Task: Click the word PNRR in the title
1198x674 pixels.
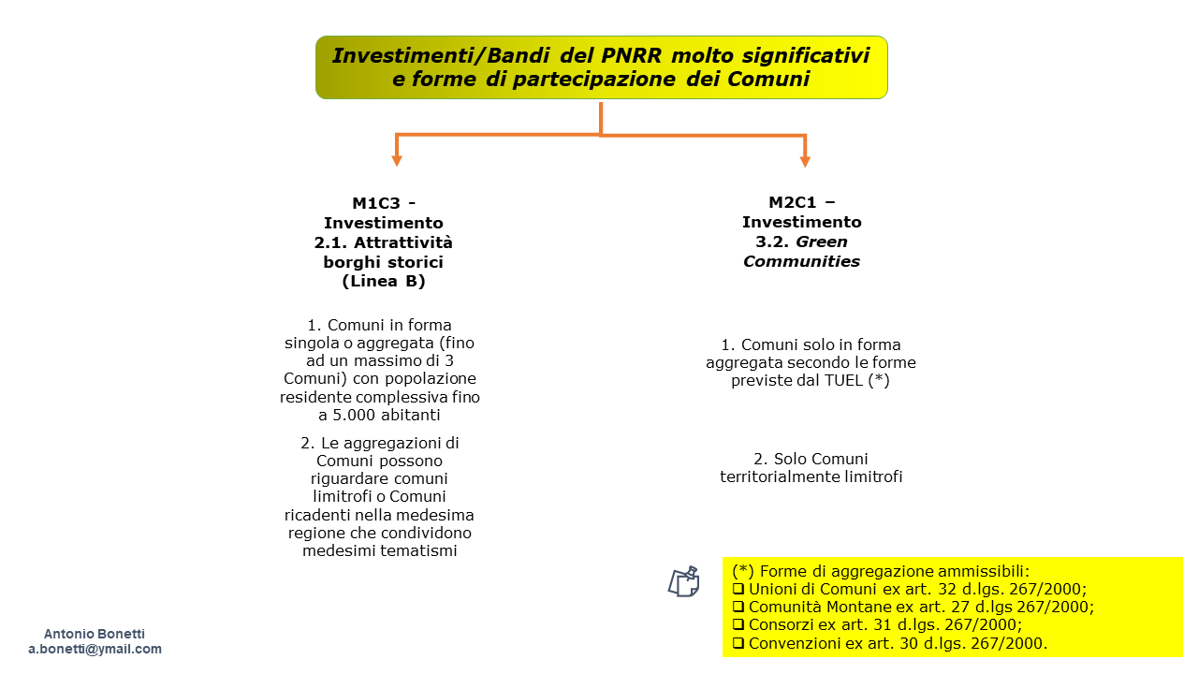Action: pos(631,55)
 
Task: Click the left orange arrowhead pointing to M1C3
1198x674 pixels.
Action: pos(396,160)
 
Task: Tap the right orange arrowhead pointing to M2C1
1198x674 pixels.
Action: pos(805,161)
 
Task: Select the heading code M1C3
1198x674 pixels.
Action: pos(376,203)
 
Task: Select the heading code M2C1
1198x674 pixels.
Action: pos(793,202)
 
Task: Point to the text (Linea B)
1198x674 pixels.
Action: pos(384,282)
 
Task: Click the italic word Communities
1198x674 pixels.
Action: pos(801,261)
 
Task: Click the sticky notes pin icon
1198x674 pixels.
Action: pos(684,581)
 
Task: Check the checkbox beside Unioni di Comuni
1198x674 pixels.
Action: pos(738,589)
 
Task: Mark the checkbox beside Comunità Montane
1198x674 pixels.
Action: pos(738,607)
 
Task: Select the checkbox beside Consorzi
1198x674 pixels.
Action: pos(738,624)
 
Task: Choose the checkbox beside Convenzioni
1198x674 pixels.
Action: pos(738,643)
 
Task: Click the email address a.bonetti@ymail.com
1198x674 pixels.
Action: pos(95,649)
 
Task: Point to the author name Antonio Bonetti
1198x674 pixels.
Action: pos(95,634)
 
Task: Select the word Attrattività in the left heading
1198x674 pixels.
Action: pos(402,242)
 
